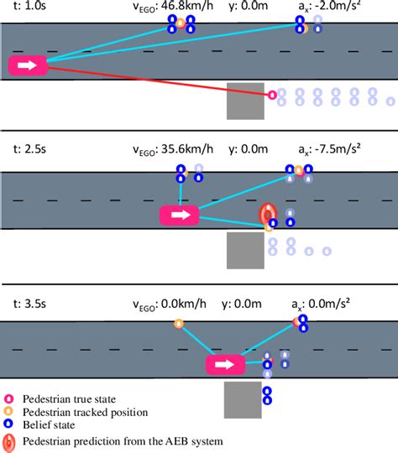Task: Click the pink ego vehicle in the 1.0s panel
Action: pyautogui.click(x=28, y=65)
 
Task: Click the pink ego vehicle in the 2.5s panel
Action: pyautogui.click(x=180, y=216)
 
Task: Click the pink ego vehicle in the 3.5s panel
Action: pyautogui.click(x=225, y=365)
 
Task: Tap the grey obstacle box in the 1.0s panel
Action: pyautogui.click(x=244, y=101)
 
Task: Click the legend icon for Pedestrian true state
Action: pyautogui.click(x=9, y=399)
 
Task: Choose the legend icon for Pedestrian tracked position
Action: pyautogui.click(x=9, y=412)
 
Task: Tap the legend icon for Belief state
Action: pyautogui.click(x=9, y=424)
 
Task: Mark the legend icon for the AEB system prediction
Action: pyautogui.click(x=9, y=440)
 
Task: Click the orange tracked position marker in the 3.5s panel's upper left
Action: pyautogui.click(x=178, y=324)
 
